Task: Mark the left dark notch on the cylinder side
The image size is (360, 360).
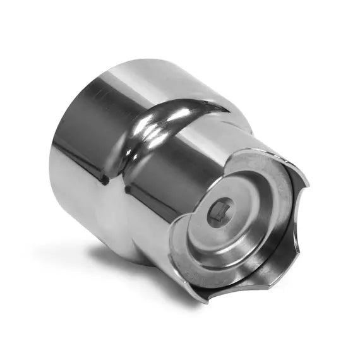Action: (x=104, y=181)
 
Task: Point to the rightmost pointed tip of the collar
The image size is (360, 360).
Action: (x=308, y=186)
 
